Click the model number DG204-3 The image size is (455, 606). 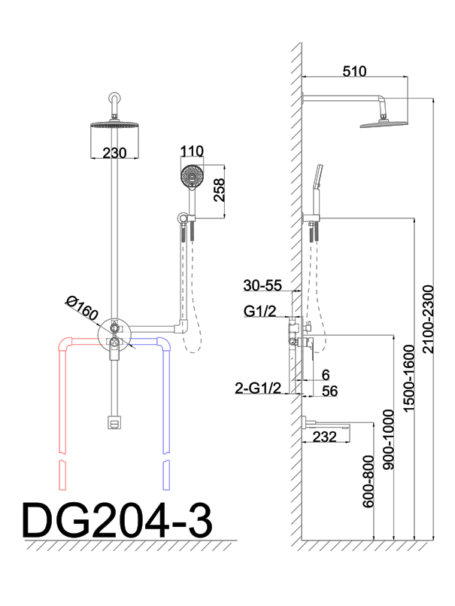pyautogui.click(x=117, y=521)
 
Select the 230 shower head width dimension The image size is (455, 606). pyautogui.click(x=114, y=153)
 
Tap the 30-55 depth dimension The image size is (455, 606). pyautogui.click(x=262, y=285)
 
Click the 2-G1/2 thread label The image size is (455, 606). pyautogui.click(x=257, y=388)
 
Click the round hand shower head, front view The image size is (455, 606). pyautogui.click(x=193, y=177)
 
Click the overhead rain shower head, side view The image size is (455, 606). pyautogui.click(x=384, y=121)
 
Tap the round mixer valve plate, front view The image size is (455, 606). pyautogui.click(x=114, y=332)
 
